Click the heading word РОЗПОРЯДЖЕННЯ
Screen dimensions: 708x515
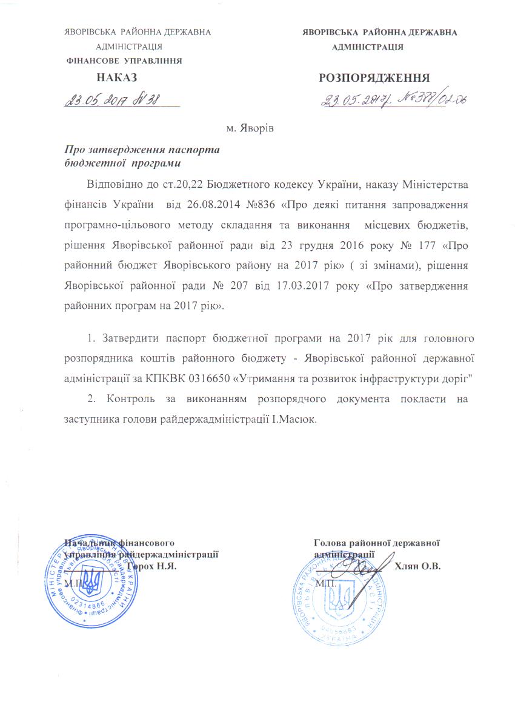coord(374,78)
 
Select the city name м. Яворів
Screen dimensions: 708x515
coord(250,128)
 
